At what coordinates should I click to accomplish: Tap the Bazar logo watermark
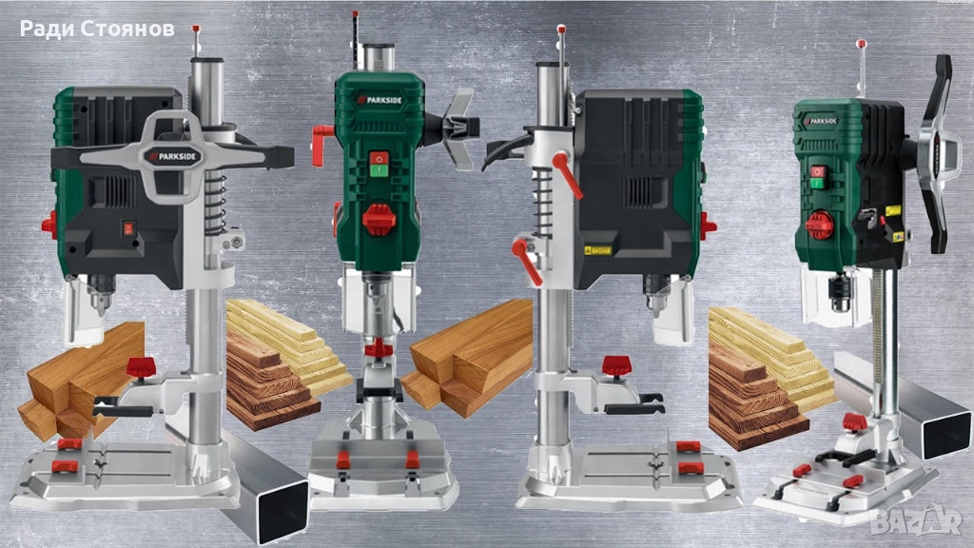[916, 519]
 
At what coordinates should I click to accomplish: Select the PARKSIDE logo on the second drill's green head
[380, 99]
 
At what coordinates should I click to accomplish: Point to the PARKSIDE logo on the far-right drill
[821, 121]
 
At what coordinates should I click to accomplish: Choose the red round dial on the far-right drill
[819, 225]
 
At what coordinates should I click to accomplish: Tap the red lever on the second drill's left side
[321, 145]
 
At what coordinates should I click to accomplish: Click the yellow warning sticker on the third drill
[597, 250]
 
